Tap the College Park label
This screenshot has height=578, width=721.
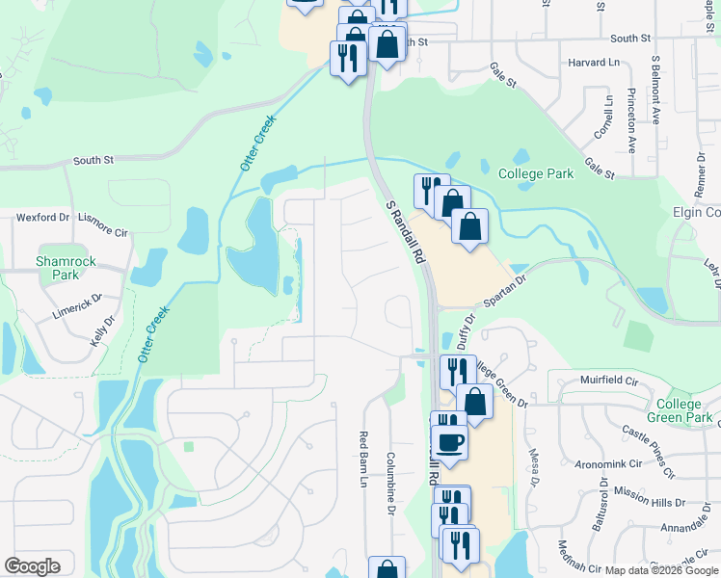point(536,174)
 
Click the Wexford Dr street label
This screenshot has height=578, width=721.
point(41,218)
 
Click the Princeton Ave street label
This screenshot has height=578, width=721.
point(632,121)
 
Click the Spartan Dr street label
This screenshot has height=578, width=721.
point(507,289)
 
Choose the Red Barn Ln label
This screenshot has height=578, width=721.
point(365,460)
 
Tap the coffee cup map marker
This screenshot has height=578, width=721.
point(449,443)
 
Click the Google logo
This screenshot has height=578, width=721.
point(32,566)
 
